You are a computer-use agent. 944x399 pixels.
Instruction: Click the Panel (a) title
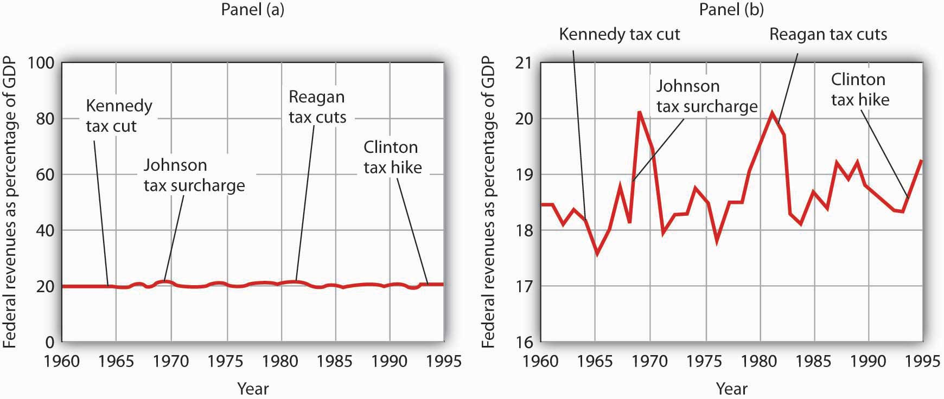click(x=252, y=9)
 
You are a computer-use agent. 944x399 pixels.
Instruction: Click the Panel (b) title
click(x=731, y=9)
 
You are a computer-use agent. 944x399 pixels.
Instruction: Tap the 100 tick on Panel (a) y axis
click(x=41, y=63)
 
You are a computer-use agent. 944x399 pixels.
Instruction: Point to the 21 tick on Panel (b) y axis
click(x=523, y=63)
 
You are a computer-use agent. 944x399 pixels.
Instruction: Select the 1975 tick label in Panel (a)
click(x=226, y=361)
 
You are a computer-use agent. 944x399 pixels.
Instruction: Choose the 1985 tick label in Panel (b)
click(x=813, y=361)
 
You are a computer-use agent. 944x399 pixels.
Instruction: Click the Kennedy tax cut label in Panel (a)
click(x=119, y=115)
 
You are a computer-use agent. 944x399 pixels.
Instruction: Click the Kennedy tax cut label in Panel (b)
click(x=619, y=34)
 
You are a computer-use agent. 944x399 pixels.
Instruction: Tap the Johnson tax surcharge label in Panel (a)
click(x=194, y=175)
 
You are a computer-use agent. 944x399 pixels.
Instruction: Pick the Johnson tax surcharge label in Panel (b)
click(x=706, y=96)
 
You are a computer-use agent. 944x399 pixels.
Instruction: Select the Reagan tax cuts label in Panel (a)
click(x=317, y=107)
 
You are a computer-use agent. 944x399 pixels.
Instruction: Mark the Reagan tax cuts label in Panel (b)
click(x=828, y=34)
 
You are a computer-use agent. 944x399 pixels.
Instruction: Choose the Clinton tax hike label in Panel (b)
click(x=860, y=89)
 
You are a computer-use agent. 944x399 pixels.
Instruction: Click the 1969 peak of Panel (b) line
click(x=640, y=112)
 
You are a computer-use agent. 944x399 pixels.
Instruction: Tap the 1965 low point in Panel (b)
click(x=597, y=253)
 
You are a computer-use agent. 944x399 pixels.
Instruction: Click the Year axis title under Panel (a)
click(x=252, y=388)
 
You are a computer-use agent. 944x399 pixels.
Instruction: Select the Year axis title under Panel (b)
click(x=731, y=388)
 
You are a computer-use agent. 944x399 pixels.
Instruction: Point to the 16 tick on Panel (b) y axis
click(x=523, y=342)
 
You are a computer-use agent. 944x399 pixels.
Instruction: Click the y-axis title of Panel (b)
click(x=488, y=202)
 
